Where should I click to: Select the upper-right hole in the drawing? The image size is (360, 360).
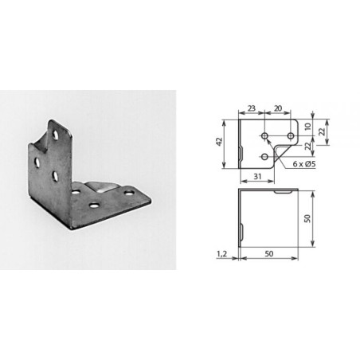pyautogui.click(x=290, y=127)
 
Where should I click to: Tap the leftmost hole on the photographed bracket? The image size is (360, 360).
pyautogui.click(x=37, y=162)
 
